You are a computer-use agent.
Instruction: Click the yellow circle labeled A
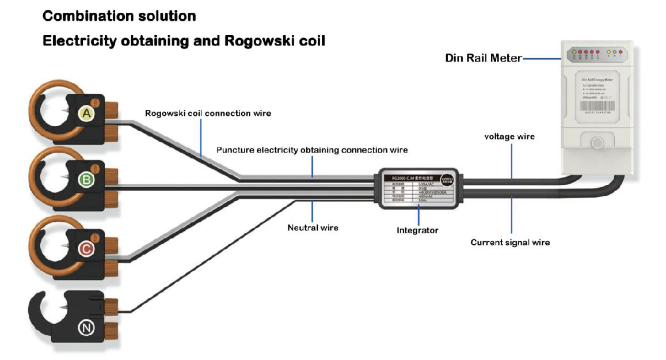[86, 114]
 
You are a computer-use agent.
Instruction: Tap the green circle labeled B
[86, 180]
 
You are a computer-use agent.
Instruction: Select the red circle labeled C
[86, 249]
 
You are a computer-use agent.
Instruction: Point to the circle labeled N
[86, 328]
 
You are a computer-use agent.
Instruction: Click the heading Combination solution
[119, 16]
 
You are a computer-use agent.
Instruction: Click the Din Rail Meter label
[484, 58]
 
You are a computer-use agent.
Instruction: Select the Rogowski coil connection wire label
[208, 113]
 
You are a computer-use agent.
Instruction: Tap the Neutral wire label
[313, 228]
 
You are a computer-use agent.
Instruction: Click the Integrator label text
[417, 230]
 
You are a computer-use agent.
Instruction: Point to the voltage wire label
[509, 137]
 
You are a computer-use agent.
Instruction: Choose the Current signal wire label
[510, 242]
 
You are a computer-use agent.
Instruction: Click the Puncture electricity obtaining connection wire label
[312, 150]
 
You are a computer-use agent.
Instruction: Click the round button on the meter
[597, 143]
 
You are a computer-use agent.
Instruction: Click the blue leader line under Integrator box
[418, 214]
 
